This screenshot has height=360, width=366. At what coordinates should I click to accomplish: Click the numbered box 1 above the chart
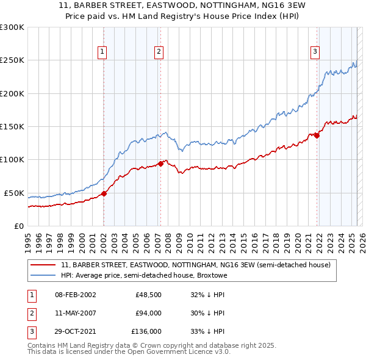click(102, 52)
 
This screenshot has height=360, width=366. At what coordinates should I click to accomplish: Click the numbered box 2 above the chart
click(159, 52)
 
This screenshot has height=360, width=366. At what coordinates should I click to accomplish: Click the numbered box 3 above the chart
click(315, 52)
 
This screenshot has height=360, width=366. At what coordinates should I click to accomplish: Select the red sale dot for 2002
click(104, 193)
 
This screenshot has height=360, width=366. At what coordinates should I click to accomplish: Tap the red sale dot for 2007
click(160, 164)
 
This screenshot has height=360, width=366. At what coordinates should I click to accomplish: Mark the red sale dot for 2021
click(317, 135)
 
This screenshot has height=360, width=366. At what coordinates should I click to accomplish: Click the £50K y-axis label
click(14, 193)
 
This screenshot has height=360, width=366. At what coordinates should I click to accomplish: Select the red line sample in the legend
click(43, 265)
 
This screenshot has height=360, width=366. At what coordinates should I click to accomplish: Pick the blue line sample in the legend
click(43, 275)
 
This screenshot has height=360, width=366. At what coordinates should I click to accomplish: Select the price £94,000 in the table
click(148, 313)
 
